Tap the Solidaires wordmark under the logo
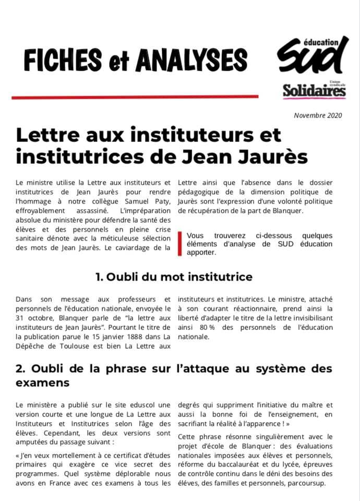[314, 91]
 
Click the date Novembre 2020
[318, 115]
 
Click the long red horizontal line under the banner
[135, 97]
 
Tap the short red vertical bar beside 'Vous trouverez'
[179, 244]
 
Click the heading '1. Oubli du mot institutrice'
[174, 277]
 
